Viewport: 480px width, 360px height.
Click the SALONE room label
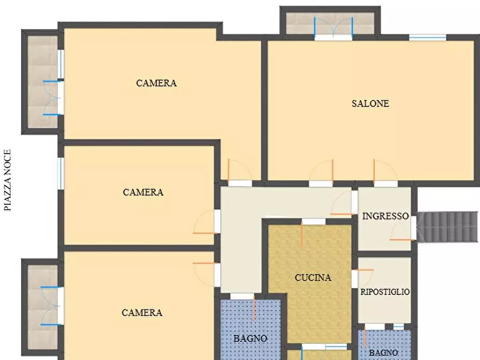370,104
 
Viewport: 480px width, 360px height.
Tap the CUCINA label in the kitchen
313,278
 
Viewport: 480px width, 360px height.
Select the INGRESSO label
385,216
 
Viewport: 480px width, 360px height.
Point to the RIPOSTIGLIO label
385,292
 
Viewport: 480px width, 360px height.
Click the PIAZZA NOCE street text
8,181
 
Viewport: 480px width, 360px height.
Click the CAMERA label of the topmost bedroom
156,83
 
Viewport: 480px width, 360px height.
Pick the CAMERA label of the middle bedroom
144,192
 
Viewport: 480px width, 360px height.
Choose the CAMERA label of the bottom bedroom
142,313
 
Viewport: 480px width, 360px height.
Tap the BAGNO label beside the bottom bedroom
250,339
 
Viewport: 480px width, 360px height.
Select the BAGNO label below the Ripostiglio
383,352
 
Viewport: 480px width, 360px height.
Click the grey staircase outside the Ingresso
447,227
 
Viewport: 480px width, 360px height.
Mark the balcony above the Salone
331,23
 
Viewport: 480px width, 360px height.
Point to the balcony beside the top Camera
42,82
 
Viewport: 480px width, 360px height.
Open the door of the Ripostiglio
363,278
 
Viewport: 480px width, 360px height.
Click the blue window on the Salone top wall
428,38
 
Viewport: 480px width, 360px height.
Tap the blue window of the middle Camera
61,174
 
